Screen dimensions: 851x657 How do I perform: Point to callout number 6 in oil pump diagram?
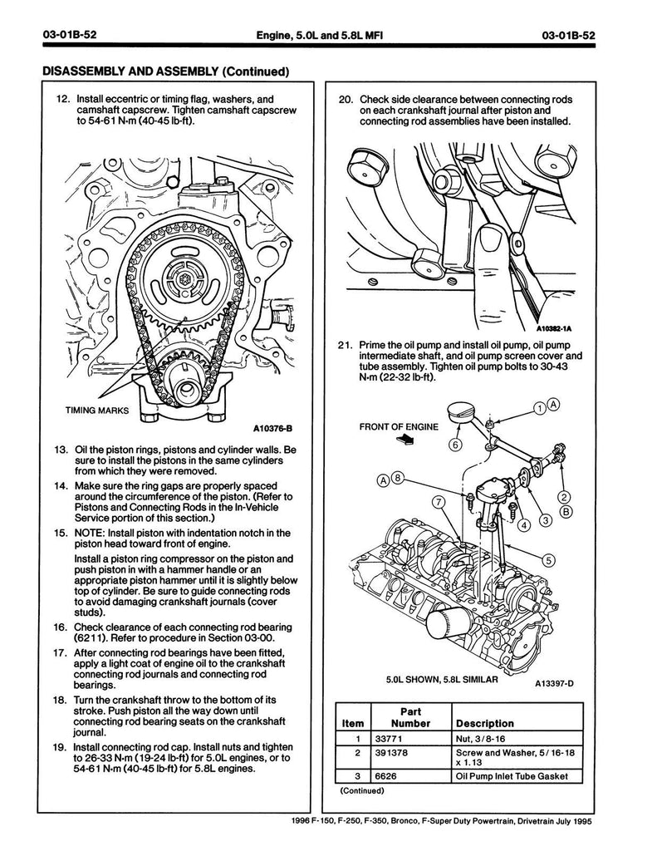(456, 444)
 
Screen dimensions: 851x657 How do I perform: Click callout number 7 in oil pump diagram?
(436, 501)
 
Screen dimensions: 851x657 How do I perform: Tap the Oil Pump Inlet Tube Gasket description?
(513, 777)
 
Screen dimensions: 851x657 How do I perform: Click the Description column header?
(485, 723)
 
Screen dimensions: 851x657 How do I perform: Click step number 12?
(62, 98)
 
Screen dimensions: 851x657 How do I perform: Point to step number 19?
(62, 746)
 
